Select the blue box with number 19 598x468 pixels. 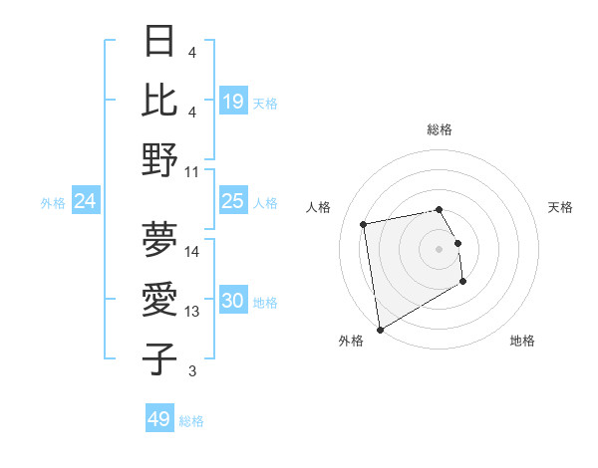(232, 101)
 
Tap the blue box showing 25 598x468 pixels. (232, 201)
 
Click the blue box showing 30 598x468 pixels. (232, 301)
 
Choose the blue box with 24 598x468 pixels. (85, 201)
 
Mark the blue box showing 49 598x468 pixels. (159, 419)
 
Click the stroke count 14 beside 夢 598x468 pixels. (192, 251)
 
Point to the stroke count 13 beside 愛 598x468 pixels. (192, 312)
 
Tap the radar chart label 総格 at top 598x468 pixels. (440, 129)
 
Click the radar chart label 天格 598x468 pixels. (560, 207)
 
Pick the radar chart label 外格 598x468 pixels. (351, 341)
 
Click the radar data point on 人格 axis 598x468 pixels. (364, 223)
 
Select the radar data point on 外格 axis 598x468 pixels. (379, 329)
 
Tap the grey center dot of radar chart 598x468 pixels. (440, 248)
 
